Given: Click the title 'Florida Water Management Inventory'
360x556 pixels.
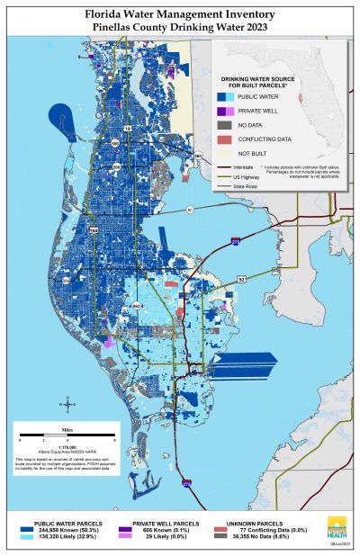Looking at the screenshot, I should click(x=180, y=15).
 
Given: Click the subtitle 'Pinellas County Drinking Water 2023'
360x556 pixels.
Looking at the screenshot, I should click(x=180, y=28).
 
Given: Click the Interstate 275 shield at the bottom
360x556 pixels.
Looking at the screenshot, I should click(x=186, y=482).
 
